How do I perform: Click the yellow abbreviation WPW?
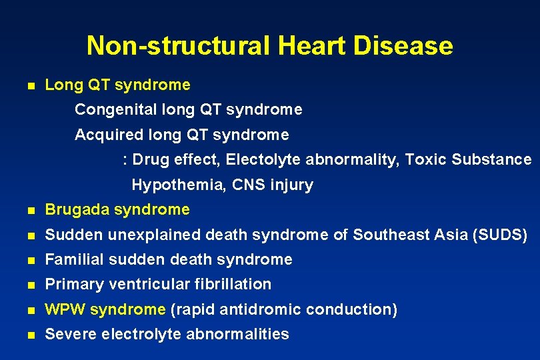[x=65, y=309]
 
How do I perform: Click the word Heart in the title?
[x=310, y=46]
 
